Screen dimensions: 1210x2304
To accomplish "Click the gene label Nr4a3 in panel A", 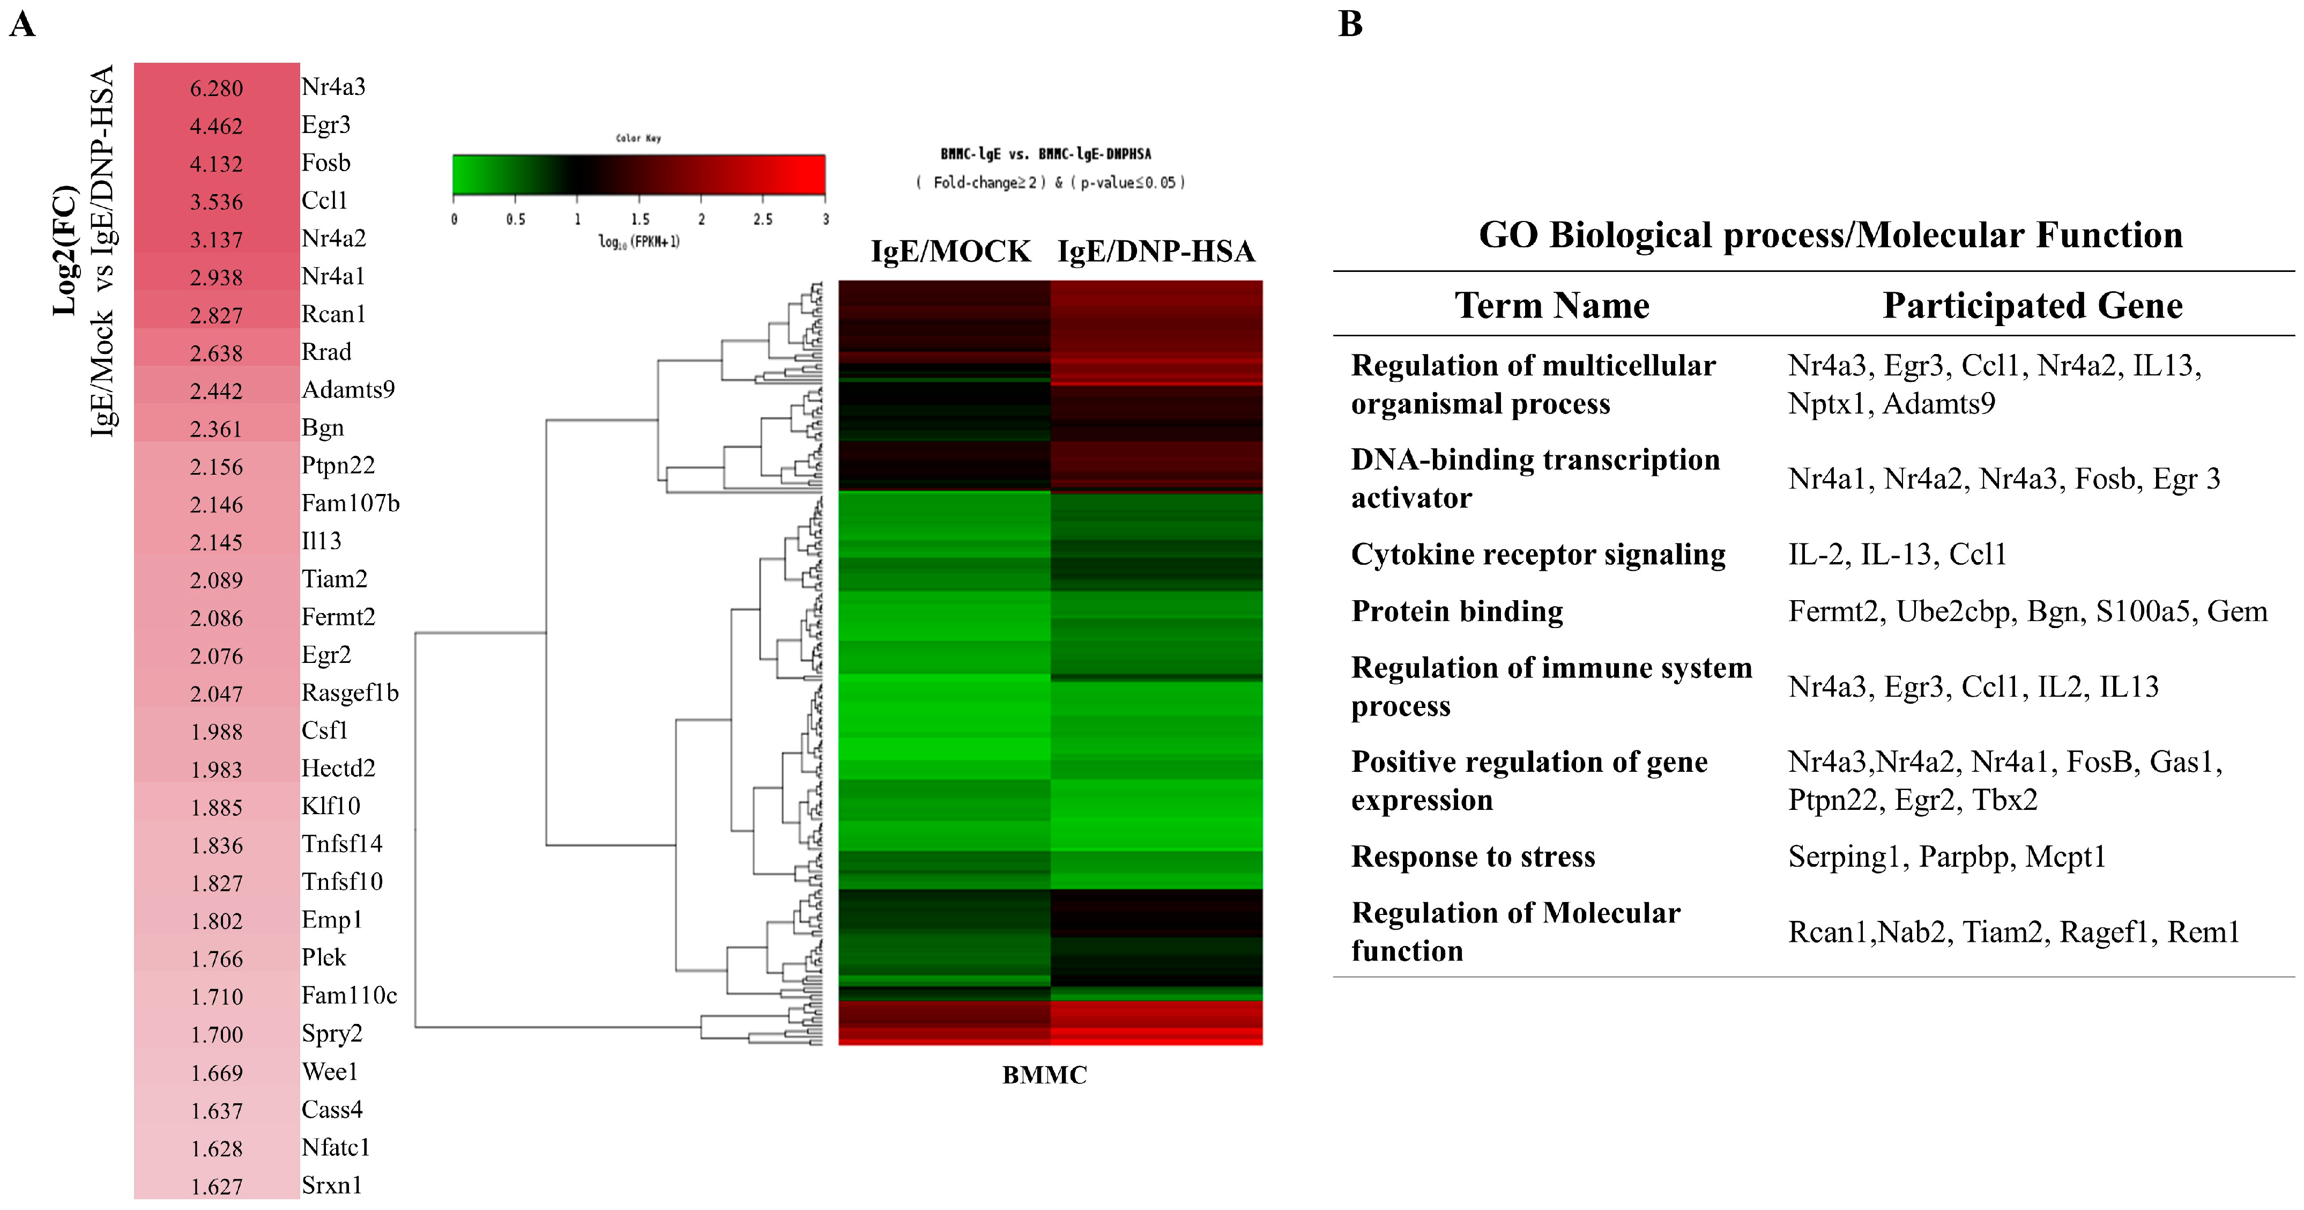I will tap(333, 87).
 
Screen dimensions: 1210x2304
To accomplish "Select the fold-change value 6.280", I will tap(217, 88).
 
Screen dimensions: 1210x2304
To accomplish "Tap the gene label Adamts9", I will tap(348, 389).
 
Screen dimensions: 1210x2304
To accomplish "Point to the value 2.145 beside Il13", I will tap(217, 542).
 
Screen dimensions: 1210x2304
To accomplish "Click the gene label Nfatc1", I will tap(336, 1147).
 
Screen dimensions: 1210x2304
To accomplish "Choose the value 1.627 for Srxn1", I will tap(217, 1187).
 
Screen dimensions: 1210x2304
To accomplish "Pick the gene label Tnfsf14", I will tap(341, 844).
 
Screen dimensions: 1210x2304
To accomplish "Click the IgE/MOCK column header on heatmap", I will tap(951, 252).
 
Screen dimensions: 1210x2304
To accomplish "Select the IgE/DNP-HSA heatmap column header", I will tap(1156, 252).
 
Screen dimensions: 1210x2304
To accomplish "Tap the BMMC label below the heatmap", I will tap(1044, 1075).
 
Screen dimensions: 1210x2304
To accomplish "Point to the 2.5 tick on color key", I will tap(762, 219).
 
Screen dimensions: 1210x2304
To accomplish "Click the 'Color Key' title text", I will tap(638, 138).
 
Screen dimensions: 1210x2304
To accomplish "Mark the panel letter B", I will tap(1350, 24).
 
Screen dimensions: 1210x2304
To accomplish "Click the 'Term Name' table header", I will tap(1552, 305).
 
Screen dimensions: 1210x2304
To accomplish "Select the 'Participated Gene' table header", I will tap(2032, 305).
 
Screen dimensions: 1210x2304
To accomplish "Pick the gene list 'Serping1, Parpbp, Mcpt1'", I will tap(1947, 857).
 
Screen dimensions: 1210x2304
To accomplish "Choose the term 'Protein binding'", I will tap(1457, 611).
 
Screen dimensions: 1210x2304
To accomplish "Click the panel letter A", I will tap(23, 24).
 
